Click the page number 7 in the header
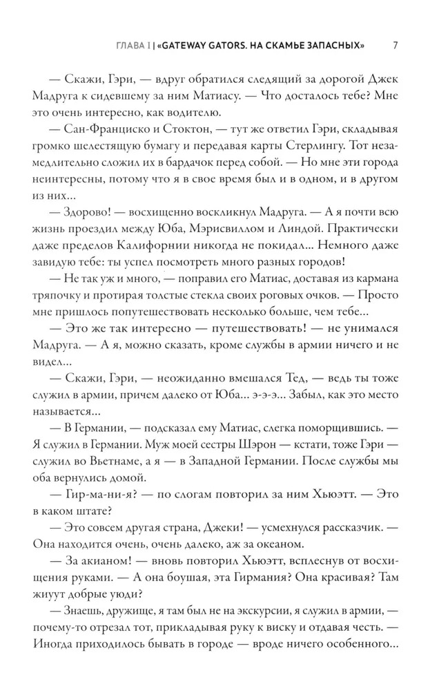point(393,46)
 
